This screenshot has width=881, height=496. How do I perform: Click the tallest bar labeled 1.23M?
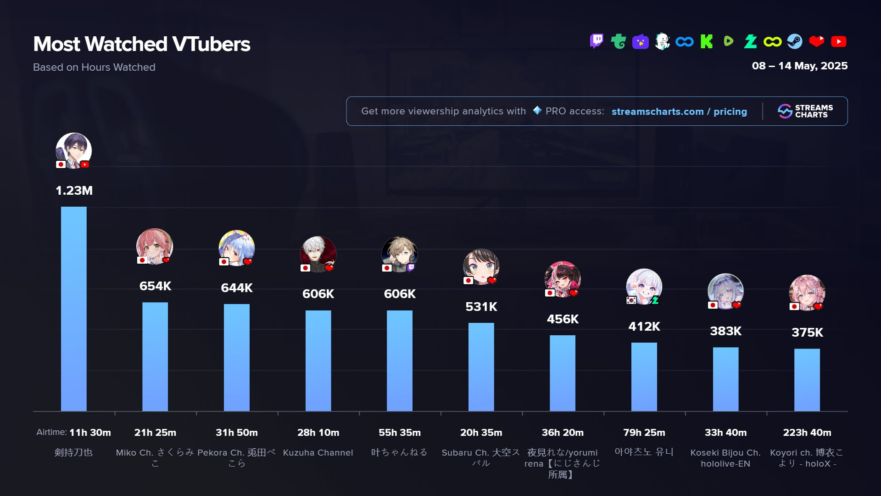tap(73, 309)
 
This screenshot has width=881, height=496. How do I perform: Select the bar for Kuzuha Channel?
tap(318, 361)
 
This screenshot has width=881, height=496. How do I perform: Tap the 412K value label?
tap(644, 327)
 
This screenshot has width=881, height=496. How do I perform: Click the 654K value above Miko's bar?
tap(155, 286)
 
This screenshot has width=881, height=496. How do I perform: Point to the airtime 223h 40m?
tap(807, 433)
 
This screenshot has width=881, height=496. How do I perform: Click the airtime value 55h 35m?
tap(399, 433)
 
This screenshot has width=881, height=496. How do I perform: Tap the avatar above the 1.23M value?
tap(73, 150)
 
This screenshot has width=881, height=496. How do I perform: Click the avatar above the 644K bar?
tap(237, 248)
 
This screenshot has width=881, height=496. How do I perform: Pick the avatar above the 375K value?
tap(807, 293)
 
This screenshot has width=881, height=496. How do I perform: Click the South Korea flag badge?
tap(631, 300)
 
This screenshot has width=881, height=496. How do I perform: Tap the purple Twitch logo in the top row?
tap(597, 41)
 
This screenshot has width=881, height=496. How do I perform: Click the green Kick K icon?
tap(707, 41)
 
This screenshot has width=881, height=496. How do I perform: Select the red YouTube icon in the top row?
tap(839, 41)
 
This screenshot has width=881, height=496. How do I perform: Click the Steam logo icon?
tap(795, 41)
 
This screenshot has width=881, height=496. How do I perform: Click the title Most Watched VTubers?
tap(142, 44)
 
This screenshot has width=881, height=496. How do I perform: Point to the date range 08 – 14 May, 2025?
tap(799, 66)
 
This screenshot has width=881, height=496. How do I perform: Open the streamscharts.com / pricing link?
tap(679, 112)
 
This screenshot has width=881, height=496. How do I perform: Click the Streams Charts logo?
tap(805, 111)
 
